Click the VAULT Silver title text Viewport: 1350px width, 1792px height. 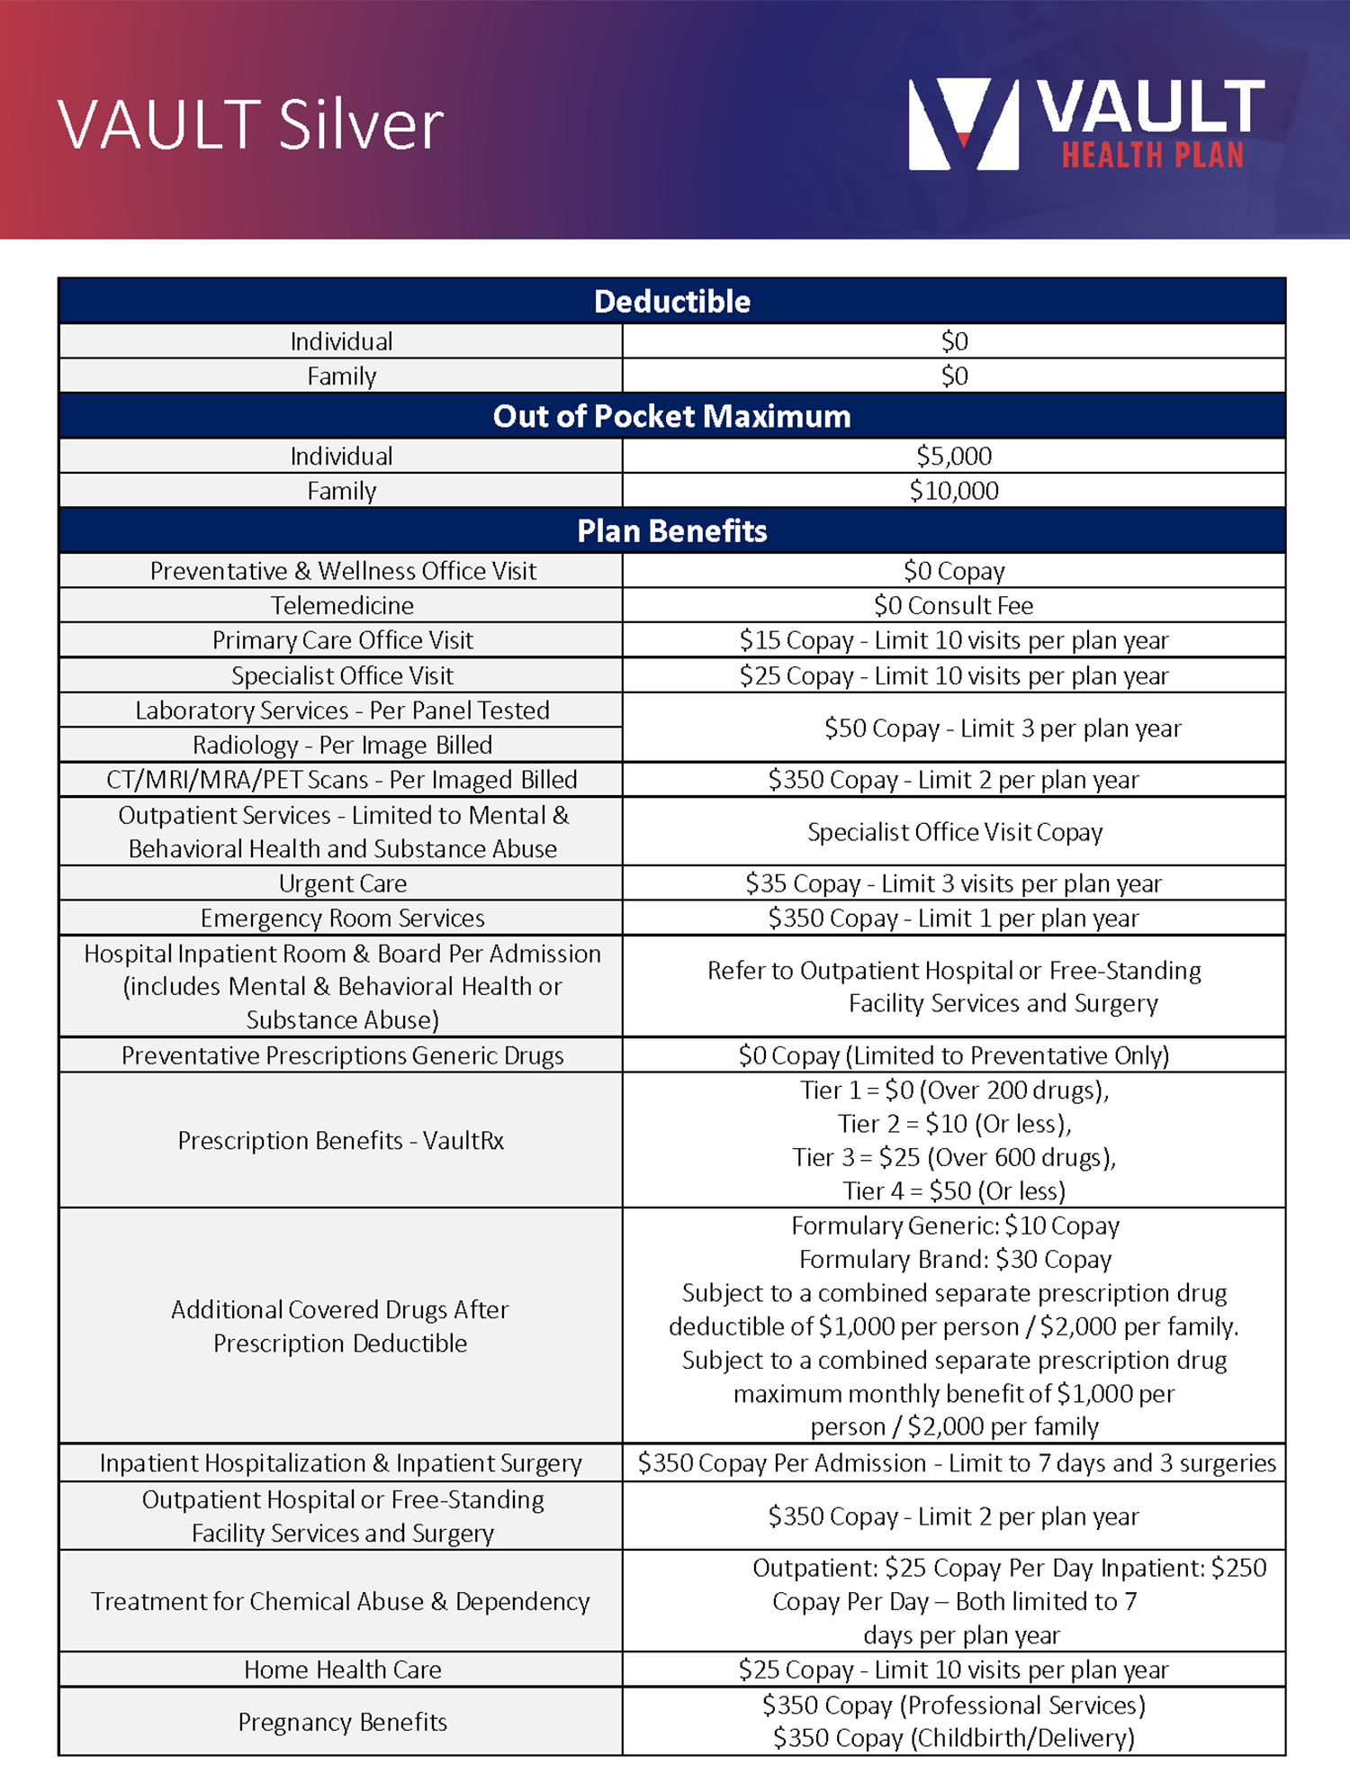(250, 124)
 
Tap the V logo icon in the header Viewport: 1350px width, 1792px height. (963, 124)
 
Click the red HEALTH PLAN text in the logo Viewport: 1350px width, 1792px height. (1152, 155)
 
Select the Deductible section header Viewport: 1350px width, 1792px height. (671, 302)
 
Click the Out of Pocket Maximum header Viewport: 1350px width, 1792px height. (671, 416)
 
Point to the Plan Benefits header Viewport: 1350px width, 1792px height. (671, 531)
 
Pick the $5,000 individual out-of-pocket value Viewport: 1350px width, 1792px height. (954, 456)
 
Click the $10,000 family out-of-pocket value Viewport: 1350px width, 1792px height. (954, 491)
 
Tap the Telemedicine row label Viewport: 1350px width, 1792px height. (342, 605)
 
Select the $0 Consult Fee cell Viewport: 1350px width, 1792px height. (954, 605)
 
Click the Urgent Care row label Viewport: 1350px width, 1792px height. (342, 883)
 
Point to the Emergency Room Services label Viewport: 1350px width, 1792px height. (342, 919)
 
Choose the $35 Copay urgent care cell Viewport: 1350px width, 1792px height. (954, 883)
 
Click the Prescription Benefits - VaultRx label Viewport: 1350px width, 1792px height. (340, 1141)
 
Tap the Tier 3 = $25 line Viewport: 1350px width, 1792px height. (954, 1157)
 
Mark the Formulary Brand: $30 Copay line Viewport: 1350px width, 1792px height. (955, 1259)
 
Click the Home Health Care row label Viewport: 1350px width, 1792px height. (342, 1670)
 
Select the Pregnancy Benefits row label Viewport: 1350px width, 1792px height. (342, 1722)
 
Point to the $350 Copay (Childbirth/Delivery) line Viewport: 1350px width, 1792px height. (954, 1738)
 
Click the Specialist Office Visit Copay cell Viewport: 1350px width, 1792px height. (954, 832)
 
